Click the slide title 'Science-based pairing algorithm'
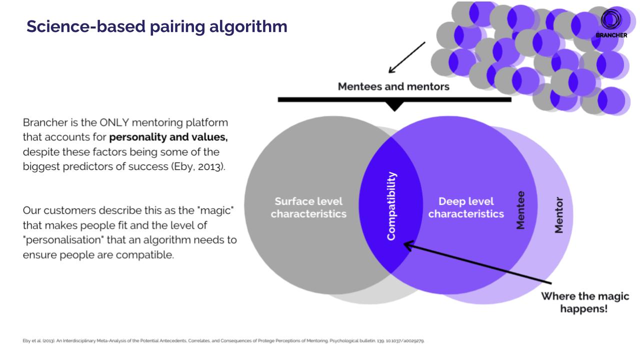pos(156,26)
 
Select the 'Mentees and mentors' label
pos(393,86)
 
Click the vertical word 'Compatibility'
pos(391,206)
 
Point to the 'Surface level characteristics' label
pos(308,207)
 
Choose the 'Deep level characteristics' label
pos(466,207)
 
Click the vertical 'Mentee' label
pos(520,210)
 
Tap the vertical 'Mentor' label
pos(559,215)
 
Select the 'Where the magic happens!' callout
pos(584,302)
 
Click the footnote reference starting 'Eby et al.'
pos(223,341)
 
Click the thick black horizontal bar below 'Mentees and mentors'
pos(394,99)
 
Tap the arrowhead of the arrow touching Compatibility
pos(407,245)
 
